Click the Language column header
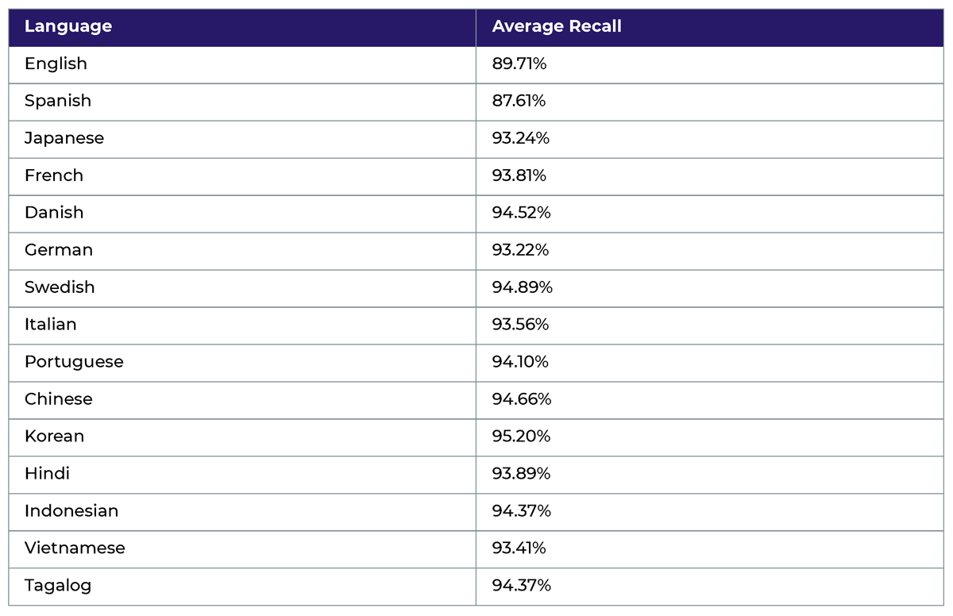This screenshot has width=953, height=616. coord(68,26)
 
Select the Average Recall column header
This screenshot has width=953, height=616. coord(557,26)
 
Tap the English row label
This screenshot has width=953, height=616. coord(56,64)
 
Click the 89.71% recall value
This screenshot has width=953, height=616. coord(519,64)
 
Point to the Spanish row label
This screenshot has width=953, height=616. coord(58,101)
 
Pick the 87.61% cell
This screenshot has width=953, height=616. coord(519,101)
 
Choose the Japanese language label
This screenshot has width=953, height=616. coord(64,138)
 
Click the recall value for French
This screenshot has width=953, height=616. coord(519,175)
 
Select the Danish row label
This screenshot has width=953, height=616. coord(54,213)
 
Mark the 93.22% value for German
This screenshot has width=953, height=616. coord(520,250)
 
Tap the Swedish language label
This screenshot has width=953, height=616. coord(60,287)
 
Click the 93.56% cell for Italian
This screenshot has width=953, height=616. coord(520,325)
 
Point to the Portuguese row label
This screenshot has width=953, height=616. coord(74,362)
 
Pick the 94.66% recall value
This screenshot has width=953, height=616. coord(521,399)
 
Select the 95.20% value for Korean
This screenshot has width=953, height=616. coord(521,437)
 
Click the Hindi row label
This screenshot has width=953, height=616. coord(47,474)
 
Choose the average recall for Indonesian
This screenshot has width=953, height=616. coord(521,511)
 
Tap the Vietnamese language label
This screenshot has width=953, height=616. coord(75,549)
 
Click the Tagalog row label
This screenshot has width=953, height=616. coord(58,586)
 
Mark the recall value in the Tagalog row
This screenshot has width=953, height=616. coord(521,586)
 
